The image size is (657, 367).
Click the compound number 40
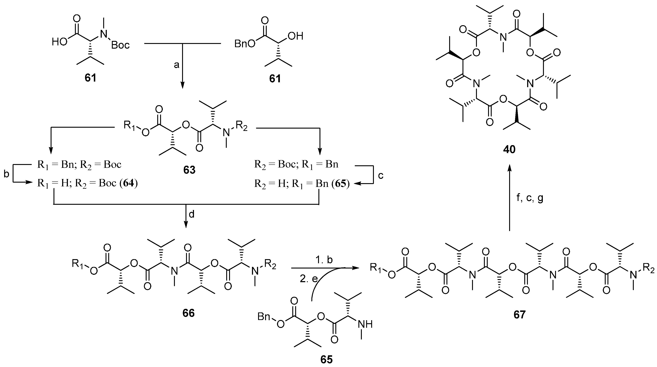click(509, 149)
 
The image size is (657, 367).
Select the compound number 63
click(189, 170)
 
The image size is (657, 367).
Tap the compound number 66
click(189, 313)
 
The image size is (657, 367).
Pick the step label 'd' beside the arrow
click(191, 214)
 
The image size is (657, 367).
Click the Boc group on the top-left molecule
click(120, 45)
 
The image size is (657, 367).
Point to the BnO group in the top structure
click(245, 44)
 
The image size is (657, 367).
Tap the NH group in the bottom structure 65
click(365, 324)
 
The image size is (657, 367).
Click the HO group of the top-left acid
click(59, 42)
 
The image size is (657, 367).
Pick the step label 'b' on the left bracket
click(6, 174)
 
